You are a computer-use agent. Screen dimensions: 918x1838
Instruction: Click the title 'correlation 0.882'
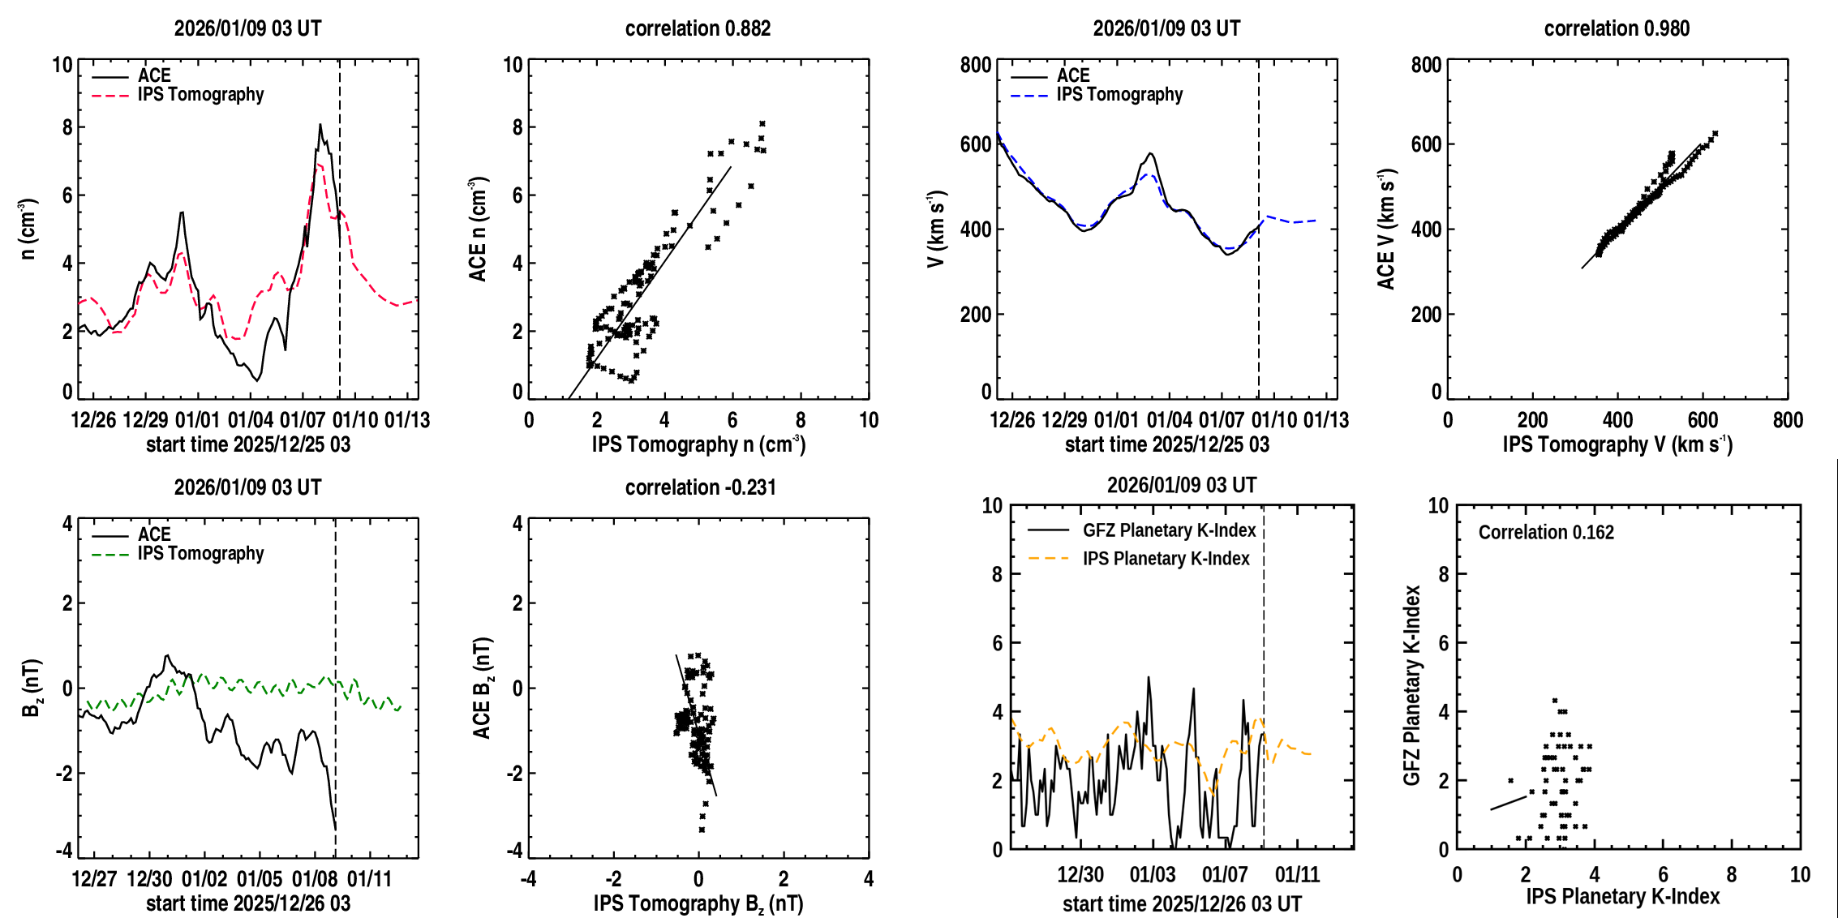click(x=698, y=28)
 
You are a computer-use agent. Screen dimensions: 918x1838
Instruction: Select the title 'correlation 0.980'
click(x=1617, y=28)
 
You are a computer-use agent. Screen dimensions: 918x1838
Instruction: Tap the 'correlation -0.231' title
click(x=700, y=487)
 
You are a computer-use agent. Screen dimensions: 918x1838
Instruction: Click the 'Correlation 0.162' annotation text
click(x=1546, y=532)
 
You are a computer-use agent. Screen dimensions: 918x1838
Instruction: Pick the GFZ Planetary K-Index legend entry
click(x=1169, y=530)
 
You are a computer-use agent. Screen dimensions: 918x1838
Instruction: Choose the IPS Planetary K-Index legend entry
click(x=1166, y=559)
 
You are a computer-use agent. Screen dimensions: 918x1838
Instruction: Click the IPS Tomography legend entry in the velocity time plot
click(x=1119, y=95)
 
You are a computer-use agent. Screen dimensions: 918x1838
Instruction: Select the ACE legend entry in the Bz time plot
click(x=154, y=534)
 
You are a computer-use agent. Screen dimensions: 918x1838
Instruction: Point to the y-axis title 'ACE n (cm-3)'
click(x=478, y=229)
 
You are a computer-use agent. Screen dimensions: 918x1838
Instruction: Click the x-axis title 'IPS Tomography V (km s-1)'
click(x=1617, y=444)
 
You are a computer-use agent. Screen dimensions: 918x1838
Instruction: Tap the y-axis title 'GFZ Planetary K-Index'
click(x=1412, y=685)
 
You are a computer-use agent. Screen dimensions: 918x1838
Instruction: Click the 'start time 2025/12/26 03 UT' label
click(x=1182, y=903)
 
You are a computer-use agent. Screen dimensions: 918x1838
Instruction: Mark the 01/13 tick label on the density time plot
click(x=407, y=420)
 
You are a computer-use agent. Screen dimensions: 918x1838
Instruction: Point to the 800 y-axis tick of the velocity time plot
click(x=976, y=65)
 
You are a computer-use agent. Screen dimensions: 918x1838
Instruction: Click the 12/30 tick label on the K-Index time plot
click(x=1080, y=874)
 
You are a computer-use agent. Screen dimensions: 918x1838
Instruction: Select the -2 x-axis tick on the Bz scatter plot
click(x=612, y=879)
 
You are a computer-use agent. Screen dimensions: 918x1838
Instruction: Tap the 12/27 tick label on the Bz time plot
click(x=94, y=879)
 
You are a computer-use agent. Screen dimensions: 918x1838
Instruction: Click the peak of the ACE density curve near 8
click(x=320, y=125)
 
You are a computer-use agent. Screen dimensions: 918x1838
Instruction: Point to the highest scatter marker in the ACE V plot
click(x=1715, y=134)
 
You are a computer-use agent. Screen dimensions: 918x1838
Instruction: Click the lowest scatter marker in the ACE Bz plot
click(x=702, y=830)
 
